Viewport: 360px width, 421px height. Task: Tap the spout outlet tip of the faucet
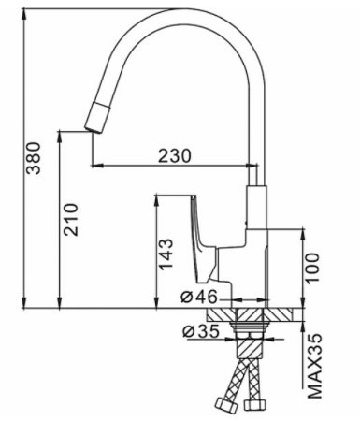[96, 120]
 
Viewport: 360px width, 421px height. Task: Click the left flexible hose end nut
[225, 405]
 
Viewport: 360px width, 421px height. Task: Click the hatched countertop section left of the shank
[223, 314]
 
